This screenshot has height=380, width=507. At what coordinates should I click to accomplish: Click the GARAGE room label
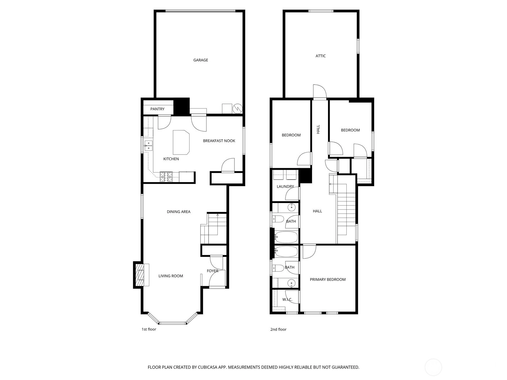pyautogui.click(x=201, y=60)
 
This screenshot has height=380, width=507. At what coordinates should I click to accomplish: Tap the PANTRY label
pyautogui.click(x=157, y=109)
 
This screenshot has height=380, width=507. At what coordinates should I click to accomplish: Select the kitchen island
pyautogui.click(x=181, y=142)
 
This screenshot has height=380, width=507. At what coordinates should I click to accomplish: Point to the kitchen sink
pyautogui.click(x=148, y=146)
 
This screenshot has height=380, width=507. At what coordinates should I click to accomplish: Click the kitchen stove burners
pyautogui.click(x=166, y=177)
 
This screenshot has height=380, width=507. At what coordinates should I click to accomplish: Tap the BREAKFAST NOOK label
pyautogui.click(x=219, y=141)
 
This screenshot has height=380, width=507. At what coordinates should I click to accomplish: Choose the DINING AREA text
pyautogui.click(x=178, y=212)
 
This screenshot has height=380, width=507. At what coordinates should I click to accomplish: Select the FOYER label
pyautogui.click(x=213, y=271)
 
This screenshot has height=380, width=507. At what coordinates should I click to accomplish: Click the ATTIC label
pyautogui.click(x=321, y=56)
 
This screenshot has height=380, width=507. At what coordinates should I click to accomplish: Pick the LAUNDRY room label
pyautogui.click(x=285, y=187)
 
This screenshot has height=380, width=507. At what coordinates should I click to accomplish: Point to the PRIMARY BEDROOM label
pyautogui.click(x=328, y=279)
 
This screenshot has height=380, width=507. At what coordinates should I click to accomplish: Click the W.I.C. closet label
pyautogui.click(x=287, y=300)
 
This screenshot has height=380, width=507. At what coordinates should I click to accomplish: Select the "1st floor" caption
pyautogui.click(x=149, y=329)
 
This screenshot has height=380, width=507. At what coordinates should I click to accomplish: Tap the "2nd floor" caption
pyautogui.click(x=278, y=329)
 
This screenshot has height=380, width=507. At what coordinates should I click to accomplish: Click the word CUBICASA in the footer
pyautogui.click(x=208, y=367)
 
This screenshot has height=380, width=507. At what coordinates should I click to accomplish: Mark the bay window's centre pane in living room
pyautogui.click(x=173, y=323)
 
